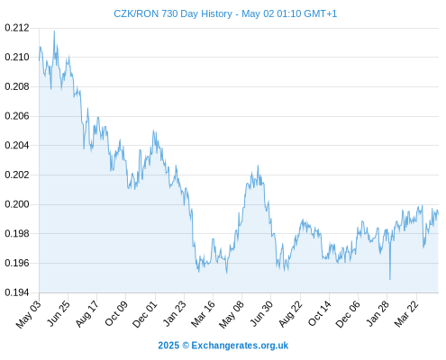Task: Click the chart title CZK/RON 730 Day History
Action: (x=173, y=13)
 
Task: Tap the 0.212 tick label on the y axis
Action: (x=17, y=28)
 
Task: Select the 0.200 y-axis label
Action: (x=17, y=204)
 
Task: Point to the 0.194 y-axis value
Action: (x=17, y=292)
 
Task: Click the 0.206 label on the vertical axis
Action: (x=17, y=116)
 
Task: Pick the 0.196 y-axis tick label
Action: (x=17, y=263)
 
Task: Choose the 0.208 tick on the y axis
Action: (x=17, y=86)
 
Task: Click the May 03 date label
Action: (x=29, y=314)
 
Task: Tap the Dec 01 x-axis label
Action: (x=145, y=314)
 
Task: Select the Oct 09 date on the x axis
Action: (x=116, y=314)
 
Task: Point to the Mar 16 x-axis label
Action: (x=203, y=314)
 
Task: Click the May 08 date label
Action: (x=232, y=314)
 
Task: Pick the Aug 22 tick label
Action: (x=290, y=314)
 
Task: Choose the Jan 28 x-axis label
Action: (x=378, y=314)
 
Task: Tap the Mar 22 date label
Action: (x=406, y=314)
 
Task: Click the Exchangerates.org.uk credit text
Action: (x=240, y=346)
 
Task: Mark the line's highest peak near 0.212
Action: (x=54, y=31)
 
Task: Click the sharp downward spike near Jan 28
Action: (x=390, y=279)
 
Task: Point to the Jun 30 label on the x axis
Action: (x=261, y=314)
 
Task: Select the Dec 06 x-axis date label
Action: (x=348, y=314)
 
